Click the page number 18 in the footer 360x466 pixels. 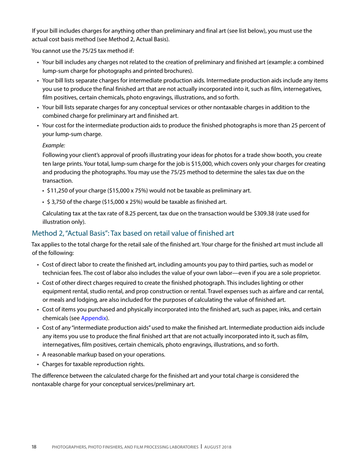34,447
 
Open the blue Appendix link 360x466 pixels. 94,318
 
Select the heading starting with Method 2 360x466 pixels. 133,233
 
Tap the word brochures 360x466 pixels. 177,71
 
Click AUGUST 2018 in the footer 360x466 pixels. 218,447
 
